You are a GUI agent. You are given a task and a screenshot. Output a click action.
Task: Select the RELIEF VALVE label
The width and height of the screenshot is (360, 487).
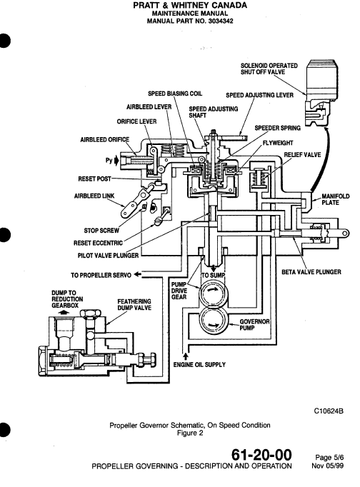coord(302,154)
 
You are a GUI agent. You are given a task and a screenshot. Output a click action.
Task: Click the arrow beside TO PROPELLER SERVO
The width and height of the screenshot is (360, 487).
coord(138,275)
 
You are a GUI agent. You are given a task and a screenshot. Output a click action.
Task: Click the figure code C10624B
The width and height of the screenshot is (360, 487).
coord(334,411)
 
